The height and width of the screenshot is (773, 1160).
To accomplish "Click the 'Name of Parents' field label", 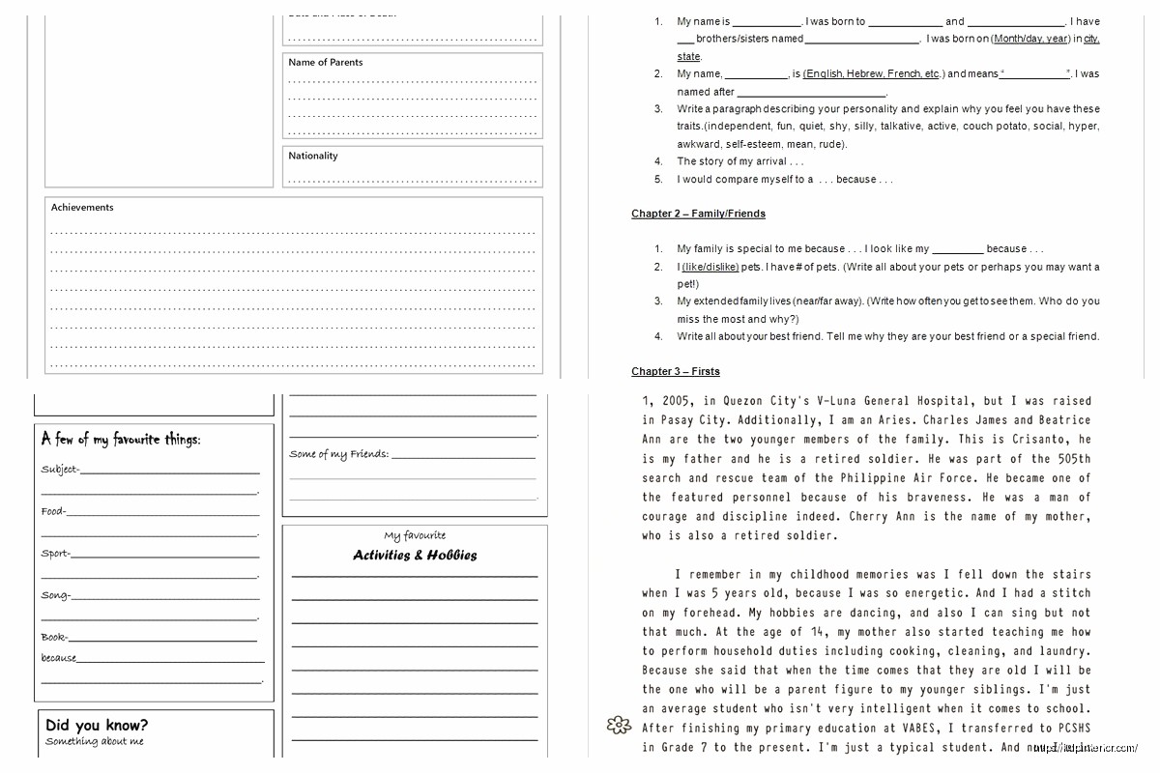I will [x=326, y=63].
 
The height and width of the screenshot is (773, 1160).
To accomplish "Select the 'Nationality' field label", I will [x=313, y=156].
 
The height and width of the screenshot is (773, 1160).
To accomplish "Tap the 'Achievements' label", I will [x=82, y=208].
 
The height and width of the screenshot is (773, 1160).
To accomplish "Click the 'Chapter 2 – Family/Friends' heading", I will [x=698, y=214].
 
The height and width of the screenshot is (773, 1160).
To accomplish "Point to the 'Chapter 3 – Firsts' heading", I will [x=676, y=372].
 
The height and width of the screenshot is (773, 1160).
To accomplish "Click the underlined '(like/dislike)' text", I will [x=710, y=267].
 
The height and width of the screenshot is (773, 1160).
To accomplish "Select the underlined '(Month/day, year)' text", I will [x=1030, y=39].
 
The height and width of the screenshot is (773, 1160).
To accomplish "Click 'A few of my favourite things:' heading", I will [x=121, y=440].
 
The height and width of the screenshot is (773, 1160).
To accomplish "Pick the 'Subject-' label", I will [x=60, y=471].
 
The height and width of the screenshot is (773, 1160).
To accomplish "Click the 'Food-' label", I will [x=53, y=512].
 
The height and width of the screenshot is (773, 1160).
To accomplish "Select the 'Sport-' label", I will [x=55, y=555].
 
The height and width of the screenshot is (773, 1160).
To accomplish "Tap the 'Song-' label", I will [x=55, y=596].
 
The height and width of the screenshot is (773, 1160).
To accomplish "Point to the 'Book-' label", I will [x=54, y=638].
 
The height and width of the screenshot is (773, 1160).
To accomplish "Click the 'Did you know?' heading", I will [x=97, y=726].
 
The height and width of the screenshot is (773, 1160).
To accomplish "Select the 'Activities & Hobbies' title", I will [x=415, y=556].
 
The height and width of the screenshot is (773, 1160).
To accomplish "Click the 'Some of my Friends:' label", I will [x=339, y=454].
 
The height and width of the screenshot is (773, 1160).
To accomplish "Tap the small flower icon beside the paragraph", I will [x=617, y=726].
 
